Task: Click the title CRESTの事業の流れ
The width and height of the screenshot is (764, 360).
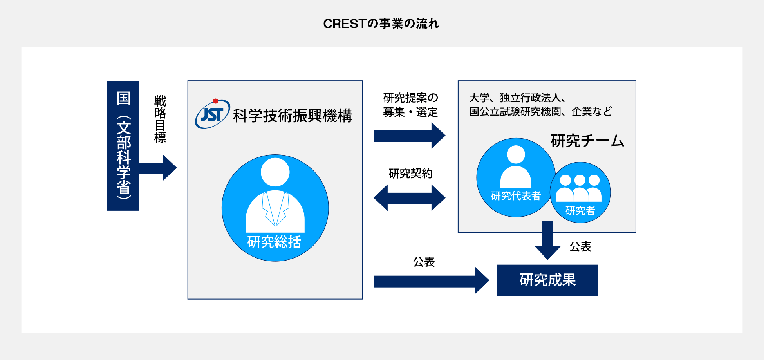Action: pos(381,24)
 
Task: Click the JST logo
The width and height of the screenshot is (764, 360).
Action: pos(213,114)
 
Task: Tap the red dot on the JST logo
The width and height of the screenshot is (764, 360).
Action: pos(215,101)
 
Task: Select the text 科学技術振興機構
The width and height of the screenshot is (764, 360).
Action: pos(293,116)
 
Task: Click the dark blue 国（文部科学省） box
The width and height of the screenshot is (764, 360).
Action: pos(123,146)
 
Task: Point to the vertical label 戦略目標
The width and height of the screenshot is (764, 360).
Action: pos(160,119)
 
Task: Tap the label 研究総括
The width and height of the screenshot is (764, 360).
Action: pos(274,242)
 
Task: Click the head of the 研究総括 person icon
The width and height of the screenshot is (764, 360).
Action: pos(275,172)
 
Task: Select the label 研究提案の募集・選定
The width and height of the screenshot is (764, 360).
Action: pos(411,105)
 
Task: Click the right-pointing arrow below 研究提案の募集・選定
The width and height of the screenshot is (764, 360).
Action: pos(410,136)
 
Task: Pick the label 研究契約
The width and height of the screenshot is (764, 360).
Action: pos(410,173)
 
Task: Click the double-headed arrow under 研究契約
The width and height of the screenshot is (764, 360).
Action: pos(410,197)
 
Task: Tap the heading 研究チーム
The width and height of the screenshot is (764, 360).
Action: pos(587,141)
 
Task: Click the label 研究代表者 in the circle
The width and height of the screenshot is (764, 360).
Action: pos(516,195)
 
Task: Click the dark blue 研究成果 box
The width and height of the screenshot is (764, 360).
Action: pos(548,280)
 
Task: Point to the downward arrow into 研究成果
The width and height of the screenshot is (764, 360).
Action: pos(547,240)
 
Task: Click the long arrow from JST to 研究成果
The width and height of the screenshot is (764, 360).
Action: pos(432,280)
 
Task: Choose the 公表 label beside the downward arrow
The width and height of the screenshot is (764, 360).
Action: pos(580,247)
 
